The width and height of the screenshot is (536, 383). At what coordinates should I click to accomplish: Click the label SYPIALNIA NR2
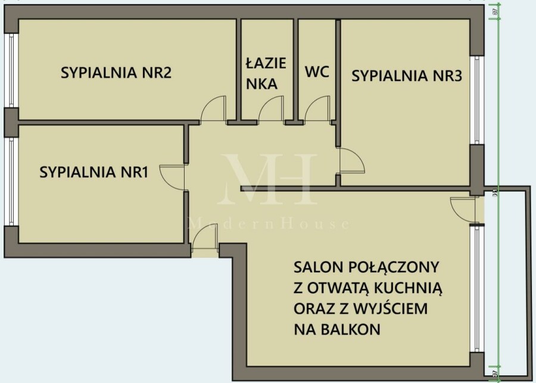(x=117, y=73)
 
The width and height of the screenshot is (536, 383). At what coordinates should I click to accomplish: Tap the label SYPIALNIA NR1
(x=94, y=173)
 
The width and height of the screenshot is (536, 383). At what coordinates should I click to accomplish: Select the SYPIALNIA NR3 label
(x=407, y=76)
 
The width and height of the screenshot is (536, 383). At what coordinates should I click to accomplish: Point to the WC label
(x=317, y=73)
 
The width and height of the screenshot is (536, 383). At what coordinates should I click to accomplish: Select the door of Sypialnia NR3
(x=351, y=161)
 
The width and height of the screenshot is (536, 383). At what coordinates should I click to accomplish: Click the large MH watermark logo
(x=267, y=179)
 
